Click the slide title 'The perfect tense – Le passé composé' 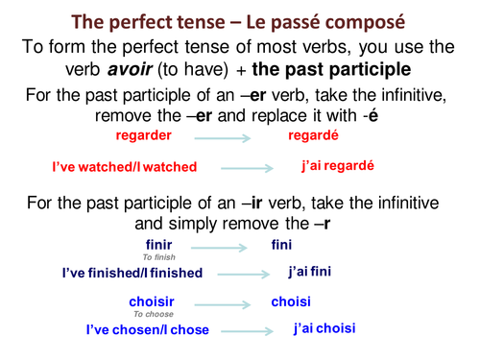[240, 20]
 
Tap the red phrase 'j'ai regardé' [336, 165]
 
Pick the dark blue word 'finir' [159, 245]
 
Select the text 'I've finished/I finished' [132, 273]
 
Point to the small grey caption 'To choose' [154, 314]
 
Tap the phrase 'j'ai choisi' [324, 328]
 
